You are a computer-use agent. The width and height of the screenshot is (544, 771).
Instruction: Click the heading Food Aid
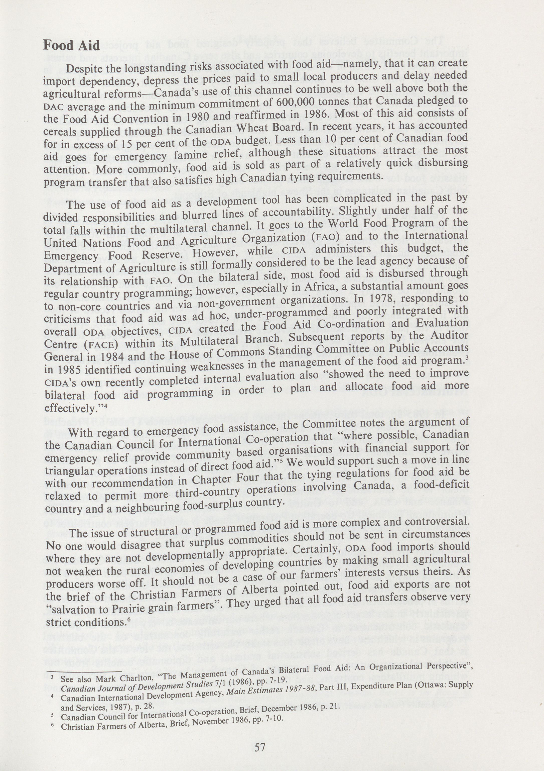71,45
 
